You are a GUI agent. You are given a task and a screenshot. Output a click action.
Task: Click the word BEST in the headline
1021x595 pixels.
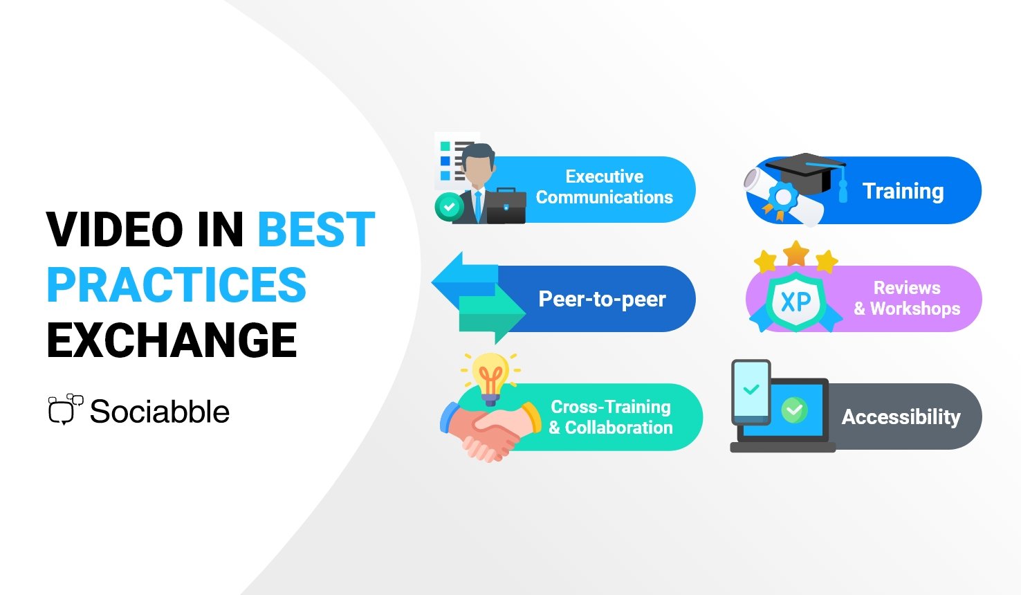pyautogui.click(x=316, y=229)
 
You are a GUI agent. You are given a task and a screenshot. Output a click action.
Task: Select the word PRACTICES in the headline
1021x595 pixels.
pyautogui.click(x=176, y=285)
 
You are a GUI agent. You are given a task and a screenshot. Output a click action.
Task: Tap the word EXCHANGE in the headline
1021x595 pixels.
pyautogui.click(x=172, y=340)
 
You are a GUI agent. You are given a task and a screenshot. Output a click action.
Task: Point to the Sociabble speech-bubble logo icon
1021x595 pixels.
pyautogui.click(x=66, y=409)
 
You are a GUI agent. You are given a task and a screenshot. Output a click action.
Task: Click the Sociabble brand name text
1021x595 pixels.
pyautogui.click(x=160, y=412)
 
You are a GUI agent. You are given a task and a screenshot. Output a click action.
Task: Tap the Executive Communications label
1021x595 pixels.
pyautogui.click(x=605, y=187)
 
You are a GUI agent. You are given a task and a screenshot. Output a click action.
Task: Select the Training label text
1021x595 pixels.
pyautogui.click(x=903, y=191)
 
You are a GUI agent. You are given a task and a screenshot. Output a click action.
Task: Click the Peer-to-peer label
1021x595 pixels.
pyautogui.click(x=602, y=299)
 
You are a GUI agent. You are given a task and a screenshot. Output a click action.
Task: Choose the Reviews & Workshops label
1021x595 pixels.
pyautogui.click(x=907, y=298)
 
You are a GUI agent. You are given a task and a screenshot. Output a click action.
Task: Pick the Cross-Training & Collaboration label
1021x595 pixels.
pyautogui.click(x=611, y=417)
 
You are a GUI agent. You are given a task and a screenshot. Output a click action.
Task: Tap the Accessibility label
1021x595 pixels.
pyautogui.click(x=901, y=416)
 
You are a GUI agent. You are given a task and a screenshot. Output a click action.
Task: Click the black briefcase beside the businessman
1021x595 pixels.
pyautogui.click(x=506, y=205)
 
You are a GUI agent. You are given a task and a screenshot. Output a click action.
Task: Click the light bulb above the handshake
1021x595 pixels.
pyautogui.click(x=490, y=379)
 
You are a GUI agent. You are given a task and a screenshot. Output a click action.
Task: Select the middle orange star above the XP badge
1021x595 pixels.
pyautogui.click(x=795, y=253)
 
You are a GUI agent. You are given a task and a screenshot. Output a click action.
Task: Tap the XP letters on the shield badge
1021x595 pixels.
pyautogui.click(x=795, y=302)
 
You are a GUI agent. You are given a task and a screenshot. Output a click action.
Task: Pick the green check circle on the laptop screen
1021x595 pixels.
pyautogui.click(x=794, y=410)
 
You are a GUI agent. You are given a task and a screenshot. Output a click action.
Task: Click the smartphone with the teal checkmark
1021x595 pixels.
pyautogui.click(x=751, y=392)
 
